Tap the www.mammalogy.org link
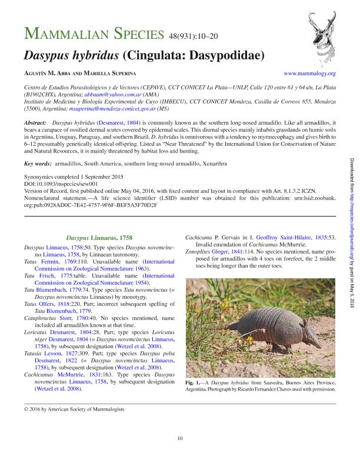(309, 74)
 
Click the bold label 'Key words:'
(36, 163)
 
